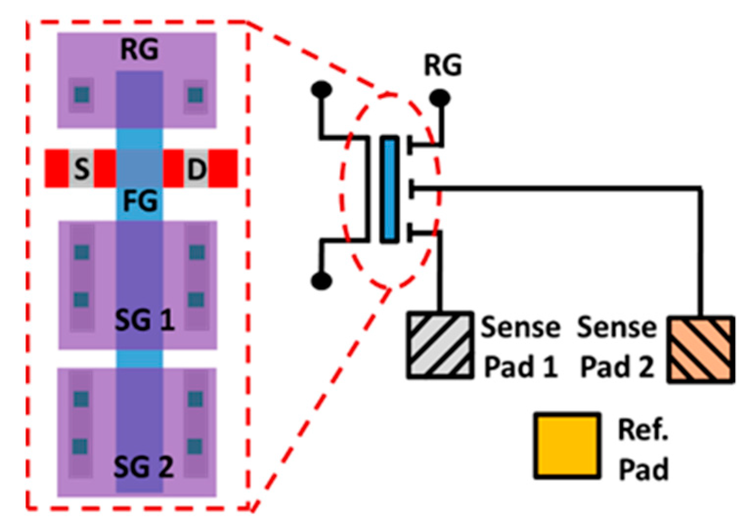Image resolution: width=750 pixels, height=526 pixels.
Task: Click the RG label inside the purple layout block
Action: pos(139,49)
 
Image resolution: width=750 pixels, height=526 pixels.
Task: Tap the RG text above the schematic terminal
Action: pos(442,65)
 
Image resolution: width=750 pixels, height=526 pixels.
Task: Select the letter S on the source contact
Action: pos(82,169)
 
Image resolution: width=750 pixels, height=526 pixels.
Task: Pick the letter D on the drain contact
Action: pos(197,169)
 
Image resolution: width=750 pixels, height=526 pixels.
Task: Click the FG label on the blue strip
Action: pos(140,201)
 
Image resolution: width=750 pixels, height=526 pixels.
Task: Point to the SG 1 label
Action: pos(144,321)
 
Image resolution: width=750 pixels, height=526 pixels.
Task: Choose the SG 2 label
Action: pos(143,466)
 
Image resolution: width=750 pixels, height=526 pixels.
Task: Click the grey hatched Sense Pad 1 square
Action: pos(440,345)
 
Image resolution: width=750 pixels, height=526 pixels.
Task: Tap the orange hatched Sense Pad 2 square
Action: pos(701,349)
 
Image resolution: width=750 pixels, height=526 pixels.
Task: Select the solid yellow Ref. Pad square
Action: pos(567,445)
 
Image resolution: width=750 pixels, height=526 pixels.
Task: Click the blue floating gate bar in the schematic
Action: pos(389,190)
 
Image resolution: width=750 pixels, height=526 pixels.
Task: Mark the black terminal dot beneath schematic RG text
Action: pos(440,98)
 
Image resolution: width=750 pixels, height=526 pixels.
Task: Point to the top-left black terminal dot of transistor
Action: pos(321,89)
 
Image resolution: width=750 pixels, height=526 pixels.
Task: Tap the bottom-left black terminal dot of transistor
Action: pos(321,281)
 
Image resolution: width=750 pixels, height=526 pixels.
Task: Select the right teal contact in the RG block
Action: pos(195,94)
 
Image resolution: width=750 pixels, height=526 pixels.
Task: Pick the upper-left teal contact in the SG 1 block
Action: pos(82,252)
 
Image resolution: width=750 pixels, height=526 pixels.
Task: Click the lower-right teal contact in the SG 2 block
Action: pos(195,446)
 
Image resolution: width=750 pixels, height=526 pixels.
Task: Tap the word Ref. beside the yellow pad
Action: pos(643,430)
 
